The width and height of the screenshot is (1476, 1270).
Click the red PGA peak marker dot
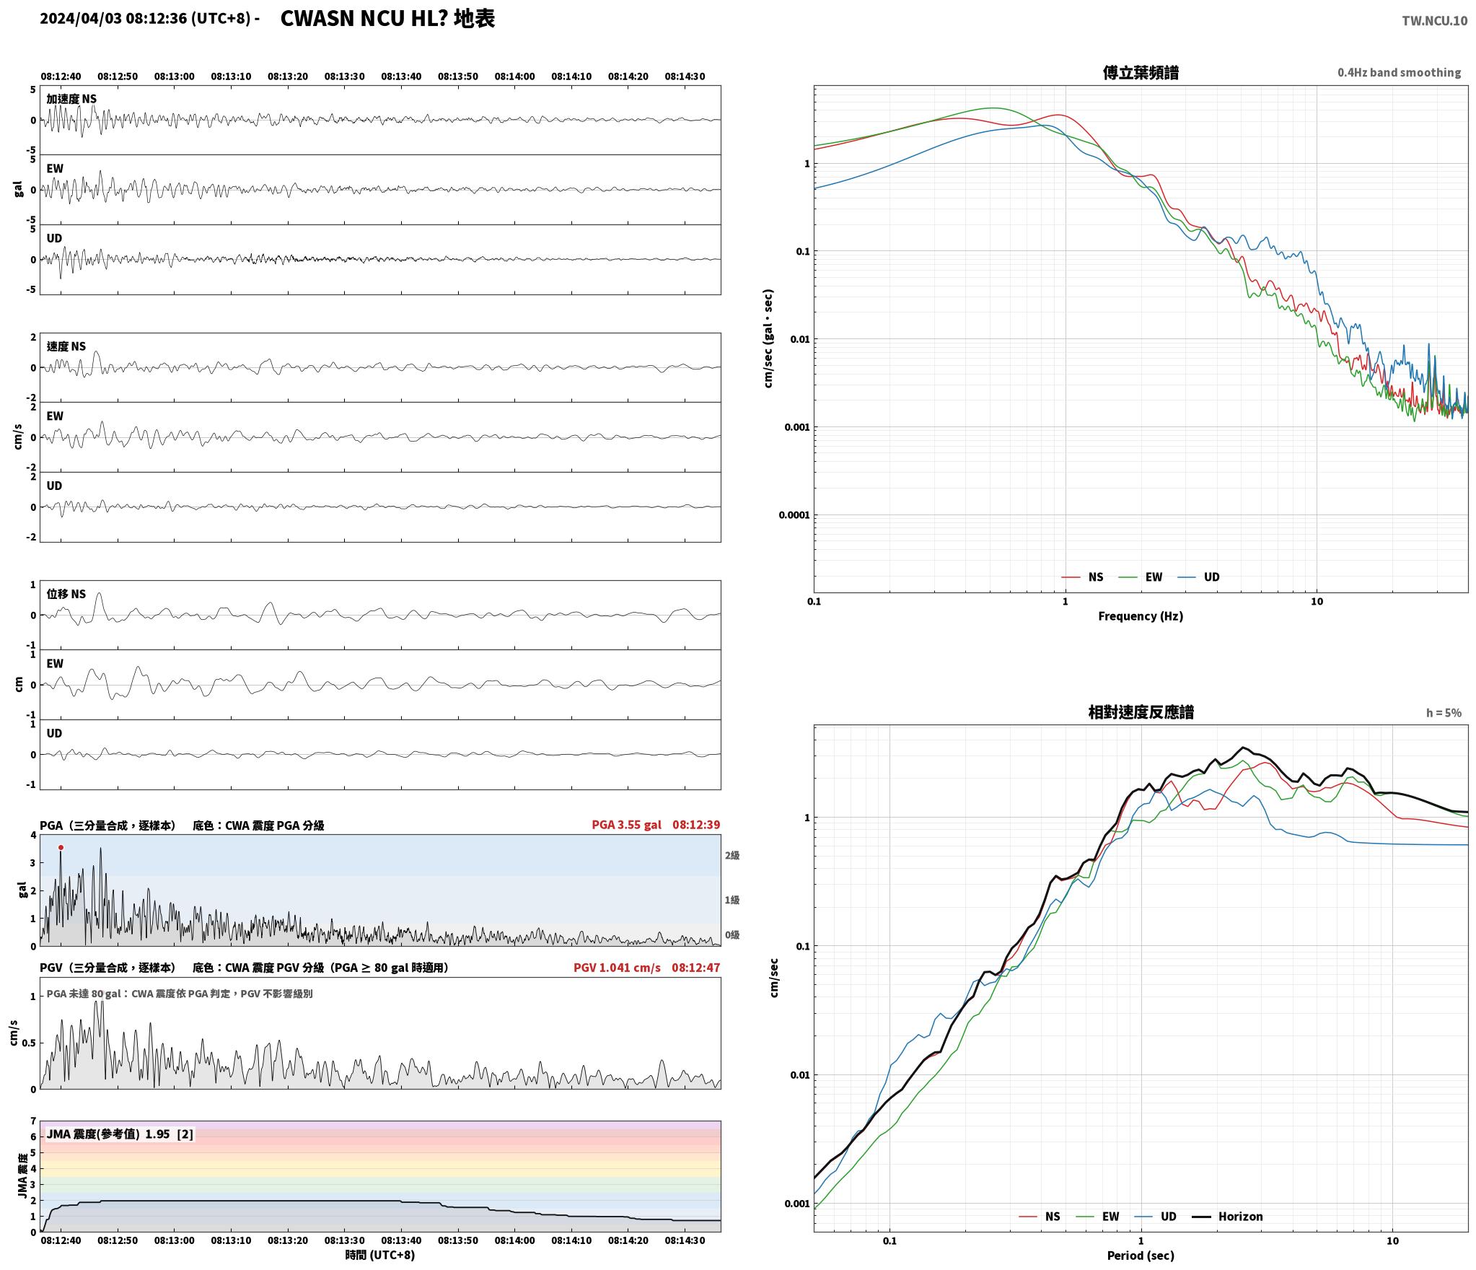(61, 848)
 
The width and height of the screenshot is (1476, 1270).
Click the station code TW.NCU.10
(1434, 21)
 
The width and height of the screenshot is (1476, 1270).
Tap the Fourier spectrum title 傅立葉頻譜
(1141, 73)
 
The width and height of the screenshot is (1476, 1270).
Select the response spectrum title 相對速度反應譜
(1141, 712)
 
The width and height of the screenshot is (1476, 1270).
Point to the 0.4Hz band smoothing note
(1399, 73)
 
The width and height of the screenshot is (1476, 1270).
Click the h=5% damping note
(1444, 713)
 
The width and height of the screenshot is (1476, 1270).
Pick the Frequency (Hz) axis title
(1141, 616)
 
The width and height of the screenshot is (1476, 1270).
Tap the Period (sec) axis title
(1141, 1256)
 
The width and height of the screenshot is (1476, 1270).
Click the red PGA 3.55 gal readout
(626, 825)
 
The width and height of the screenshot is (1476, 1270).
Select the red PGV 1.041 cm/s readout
(617, 968)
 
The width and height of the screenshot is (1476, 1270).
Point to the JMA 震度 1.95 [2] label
(120, 1134)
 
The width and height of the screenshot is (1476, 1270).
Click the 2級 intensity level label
(732, 856)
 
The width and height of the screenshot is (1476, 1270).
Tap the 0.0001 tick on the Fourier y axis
(794, 515)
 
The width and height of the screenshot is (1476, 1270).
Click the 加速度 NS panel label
(71, 99)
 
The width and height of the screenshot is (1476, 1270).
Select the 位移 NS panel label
(66, 594)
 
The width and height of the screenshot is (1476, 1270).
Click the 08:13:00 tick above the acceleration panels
(174, 76)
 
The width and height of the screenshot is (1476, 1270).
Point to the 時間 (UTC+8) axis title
(380, 1255)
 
